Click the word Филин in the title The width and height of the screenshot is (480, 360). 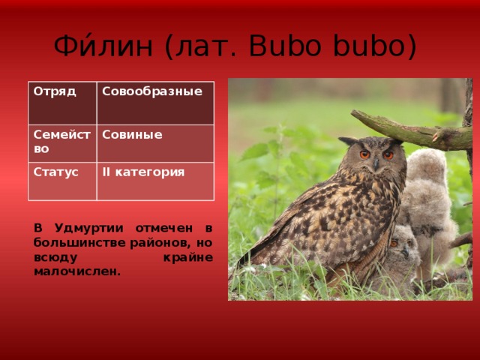(x=103, y=46)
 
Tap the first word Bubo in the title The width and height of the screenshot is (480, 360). (x=285, y=46)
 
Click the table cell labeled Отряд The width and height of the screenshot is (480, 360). (x=62, y=103)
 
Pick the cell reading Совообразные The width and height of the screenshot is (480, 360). (x=155, y=103)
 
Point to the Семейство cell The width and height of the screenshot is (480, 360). (x=62, y=143)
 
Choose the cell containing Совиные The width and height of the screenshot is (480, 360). (x=155, y=143)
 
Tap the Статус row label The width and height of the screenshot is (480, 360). (x=62, y=181)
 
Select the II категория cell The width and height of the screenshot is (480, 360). (x=155, y=181)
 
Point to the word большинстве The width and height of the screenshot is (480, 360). (x=79, y=243)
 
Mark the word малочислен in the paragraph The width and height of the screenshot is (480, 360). (x=77, y=271)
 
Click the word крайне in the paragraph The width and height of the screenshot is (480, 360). (x=188, y=257)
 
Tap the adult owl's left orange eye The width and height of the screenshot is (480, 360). (x=364, y=154)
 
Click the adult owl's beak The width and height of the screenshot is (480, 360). (x=376, y=164)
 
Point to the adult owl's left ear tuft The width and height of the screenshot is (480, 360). (x=348, y=141)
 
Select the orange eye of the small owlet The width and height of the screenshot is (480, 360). (x=394, y=244)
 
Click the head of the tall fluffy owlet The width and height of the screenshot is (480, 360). (x=426, y=164)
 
